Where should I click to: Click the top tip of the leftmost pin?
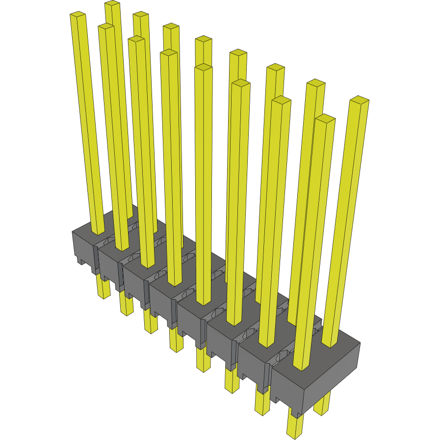click(78, 15)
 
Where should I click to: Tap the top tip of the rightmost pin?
click(360, 100)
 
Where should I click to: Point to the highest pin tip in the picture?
click(112, 4)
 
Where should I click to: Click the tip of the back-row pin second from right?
click(316, 82)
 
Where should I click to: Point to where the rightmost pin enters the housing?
click(330, 342)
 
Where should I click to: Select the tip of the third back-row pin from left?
click(171, 26)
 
